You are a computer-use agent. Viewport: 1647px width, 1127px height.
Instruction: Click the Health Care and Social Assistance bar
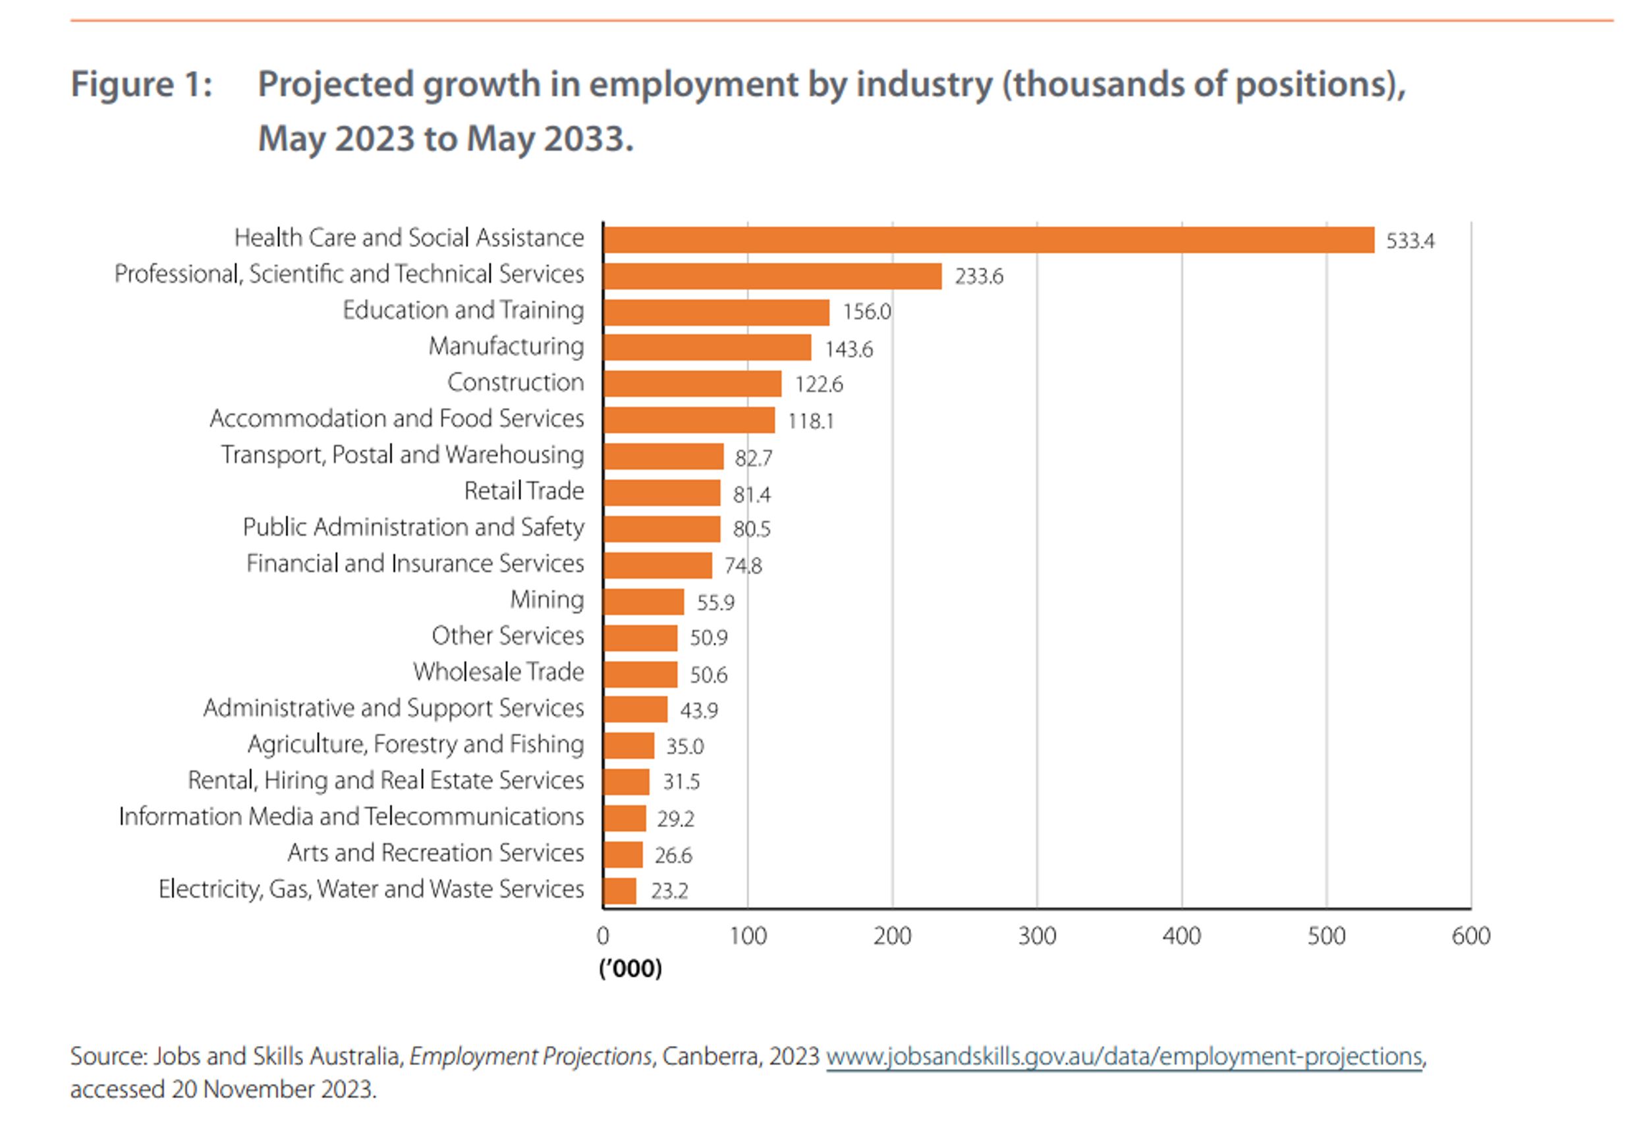tap(988, 241)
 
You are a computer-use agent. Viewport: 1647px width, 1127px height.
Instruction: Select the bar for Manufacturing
tap(708, 348)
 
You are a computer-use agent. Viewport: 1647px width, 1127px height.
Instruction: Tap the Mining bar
tap(644, 602)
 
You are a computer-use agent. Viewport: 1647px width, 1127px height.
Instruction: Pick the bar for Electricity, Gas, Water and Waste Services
tap(619, 891)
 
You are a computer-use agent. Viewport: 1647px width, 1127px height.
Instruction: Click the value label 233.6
tap(978, 276)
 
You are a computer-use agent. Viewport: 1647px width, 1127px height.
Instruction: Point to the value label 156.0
tap(866, 312)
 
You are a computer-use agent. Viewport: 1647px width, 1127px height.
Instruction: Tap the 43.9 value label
tap(699, 710)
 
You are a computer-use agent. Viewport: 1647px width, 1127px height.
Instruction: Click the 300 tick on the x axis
tap(1036, 937)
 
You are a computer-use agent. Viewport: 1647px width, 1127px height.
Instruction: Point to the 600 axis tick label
tap(1470, 937)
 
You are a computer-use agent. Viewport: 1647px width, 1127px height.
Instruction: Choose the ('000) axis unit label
tap(630, 968)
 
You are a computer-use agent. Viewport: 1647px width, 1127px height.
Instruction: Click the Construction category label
tap(515, 383)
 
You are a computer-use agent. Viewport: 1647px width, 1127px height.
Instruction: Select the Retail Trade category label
tap(524, 491)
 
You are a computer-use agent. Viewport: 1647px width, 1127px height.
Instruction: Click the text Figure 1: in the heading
tap(142, 85)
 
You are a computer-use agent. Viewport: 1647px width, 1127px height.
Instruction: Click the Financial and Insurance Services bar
tap(657, 565)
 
